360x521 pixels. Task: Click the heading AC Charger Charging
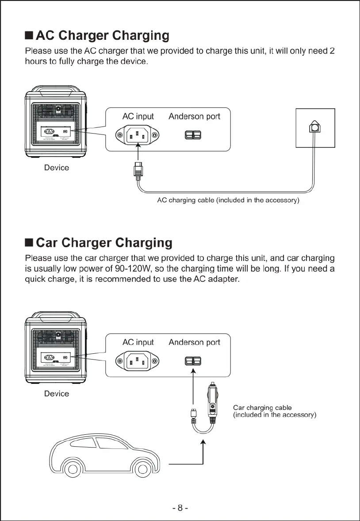(102, 35)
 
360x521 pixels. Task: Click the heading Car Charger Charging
(103, 243)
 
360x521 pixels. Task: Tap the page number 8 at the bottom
(180, 508)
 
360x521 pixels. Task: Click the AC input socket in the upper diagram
(138, 136)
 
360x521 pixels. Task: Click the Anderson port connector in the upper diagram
(193, 135)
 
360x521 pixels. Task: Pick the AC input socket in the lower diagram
(138, 361)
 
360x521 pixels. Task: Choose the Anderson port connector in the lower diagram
(193, 361)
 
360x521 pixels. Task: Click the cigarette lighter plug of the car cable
(213, 400)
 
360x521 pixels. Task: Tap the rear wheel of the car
(142, 469)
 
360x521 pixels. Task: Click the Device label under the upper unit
(57, 168)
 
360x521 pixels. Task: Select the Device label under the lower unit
(57, 394)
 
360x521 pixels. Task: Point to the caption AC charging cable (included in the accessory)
(229, 200)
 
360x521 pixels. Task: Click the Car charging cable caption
(262, 407)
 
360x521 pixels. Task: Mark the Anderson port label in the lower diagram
(194, 342)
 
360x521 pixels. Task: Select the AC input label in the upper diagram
(138, 116)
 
